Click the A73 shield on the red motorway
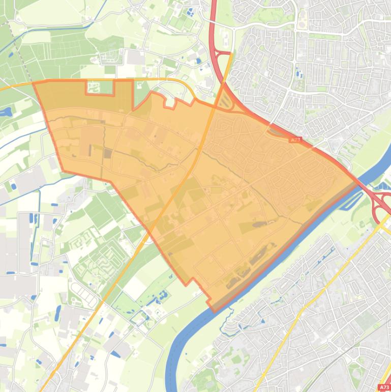point(295,139)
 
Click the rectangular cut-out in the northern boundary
point(100,88)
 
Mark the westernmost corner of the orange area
point(34,83)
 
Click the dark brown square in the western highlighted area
point(108,153)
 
